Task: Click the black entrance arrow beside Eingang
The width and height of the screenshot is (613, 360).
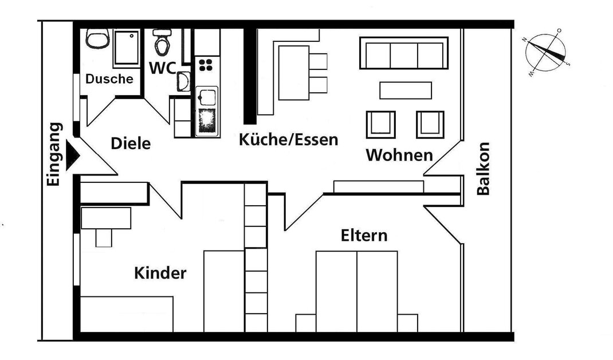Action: coord(72,155)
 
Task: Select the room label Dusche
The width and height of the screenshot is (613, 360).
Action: coord(109,79)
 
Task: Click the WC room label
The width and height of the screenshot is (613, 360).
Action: coord(162,68)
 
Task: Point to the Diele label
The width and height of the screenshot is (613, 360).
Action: coord(131,143)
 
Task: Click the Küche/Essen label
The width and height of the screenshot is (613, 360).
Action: coord(289,140)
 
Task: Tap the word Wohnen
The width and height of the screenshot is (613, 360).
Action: coord(399,155)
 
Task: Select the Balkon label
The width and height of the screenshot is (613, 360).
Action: coord(483,169)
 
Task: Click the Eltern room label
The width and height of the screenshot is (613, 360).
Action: coord(364,236)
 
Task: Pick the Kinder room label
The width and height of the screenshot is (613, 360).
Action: coord(160,273)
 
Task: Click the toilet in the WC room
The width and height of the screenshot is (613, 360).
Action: coord(162,42)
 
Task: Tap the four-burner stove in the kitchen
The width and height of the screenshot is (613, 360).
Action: coord(206,65)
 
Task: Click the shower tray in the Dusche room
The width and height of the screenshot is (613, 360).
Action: coord(126,48)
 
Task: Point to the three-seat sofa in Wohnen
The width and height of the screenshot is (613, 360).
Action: coord(404,53)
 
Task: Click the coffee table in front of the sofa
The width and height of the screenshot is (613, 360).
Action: coord(406,91)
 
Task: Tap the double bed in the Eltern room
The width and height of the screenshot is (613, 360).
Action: coord(356,292)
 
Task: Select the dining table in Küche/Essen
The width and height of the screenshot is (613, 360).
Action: coord(293,73)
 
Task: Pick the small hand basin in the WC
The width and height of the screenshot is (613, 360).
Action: coord(183,81)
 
